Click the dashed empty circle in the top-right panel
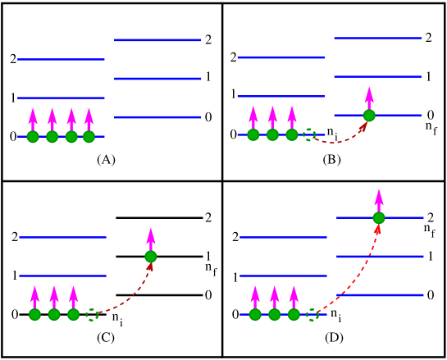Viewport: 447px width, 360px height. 309,134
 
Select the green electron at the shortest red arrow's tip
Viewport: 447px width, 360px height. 369,116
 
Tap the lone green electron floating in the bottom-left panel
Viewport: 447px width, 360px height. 151,257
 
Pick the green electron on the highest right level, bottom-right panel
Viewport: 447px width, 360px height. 379,218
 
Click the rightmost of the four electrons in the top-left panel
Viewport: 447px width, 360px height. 89,137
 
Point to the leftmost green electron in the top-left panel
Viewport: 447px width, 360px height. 33,137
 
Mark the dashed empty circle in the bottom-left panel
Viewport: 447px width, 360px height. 92,315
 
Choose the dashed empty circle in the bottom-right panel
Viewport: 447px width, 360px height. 312,315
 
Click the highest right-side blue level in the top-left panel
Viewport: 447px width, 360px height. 157,40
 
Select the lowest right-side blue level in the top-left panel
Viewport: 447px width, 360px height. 157,117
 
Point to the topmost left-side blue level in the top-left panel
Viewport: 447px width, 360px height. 61,59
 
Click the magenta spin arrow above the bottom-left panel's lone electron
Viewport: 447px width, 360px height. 151,239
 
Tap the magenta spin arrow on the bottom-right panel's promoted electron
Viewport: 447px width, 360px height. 379,199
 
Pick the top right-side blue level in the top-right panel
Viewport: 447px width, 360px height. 377,38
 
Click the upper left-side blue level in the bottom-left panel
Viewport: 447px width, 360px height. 62,237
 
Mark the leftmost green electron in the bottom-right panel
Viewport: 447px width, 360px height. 255,315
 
